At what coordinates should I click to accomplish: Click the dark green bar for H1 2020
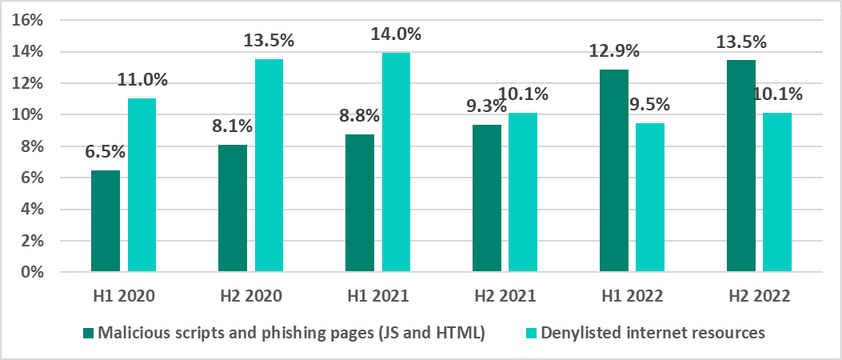tap(106, 222)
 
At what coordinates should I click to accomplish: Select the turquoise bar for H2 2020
tap(269, 166)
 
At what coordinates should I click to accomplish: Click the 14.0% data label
tap(396, 34)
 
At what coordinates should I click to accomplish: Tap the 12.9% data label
tap(615, 52)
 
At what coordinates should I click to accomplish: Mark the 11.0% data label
tap(143, 80)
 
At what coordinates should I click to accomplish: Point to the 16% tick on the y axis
tap(29, 21)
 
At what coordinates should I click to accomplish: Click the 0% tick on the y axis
tap(33, 272)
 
